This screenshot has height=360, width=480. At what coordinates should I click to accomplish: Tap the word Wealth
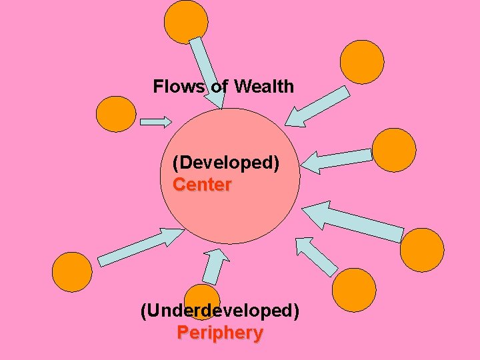264,86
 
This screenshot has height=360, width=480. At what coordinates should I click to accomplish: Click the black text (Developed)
226,163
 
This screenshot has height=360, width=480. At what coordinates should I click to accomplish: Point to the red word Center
202,185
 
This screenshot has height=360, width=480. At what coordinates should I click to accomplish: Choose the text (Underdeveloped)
220,311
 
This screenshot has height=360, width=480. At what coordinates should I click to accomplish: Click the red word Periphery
220,333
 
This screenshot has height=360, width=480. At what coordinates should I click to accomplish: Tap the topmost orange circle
186,22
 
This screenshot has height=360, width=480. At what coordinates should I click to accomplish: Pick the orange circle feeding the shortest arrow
116,114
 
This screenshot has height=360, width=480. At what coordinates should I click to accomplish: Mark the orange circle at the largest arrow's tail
421,251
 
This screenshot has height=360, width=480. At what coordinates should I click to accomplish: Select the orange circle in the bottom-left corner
72,272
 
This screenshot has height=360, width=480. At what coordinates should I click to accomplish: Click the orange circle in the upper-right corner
362,62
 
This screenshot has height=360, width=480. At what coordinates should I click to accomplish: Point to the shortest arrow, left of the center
156,122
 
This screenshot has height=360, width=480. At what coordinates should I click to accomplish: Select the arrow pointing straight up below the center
214,265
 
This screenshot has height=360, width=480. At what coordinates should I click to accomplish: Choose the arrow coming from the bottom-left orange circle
139,245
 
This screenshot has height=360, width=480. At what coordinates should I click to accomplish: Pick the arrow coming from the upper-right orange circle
317,107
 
